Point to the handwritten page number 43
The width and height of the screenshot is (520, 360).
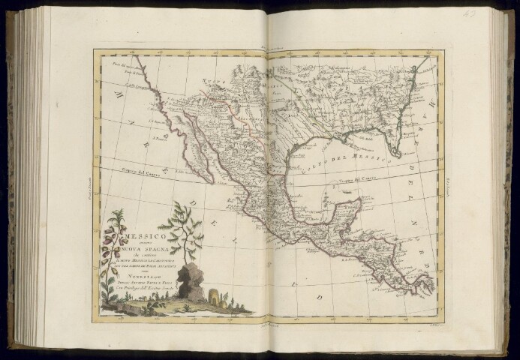491,13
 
